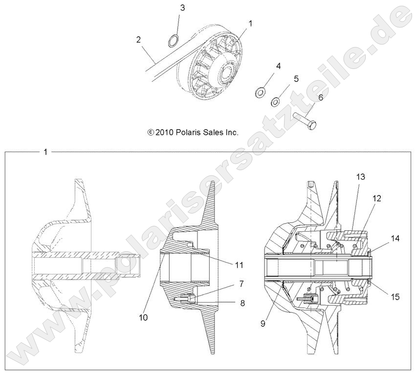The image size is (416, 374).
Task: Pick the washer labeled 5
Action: point(276,101)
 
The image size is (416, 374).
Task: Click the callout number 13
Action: point(360,176)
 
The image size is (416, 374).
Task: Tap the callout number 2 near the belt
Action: point(138,39)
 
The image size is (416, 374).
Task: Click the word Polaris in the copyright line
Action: point(185,132)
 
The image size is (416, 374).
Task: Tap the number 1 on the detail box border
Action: point(45,152)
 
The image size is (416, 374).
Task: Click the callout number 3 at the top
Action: point(182,8)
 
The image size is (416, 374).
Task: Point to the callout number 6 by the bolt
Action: point(321,98)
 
